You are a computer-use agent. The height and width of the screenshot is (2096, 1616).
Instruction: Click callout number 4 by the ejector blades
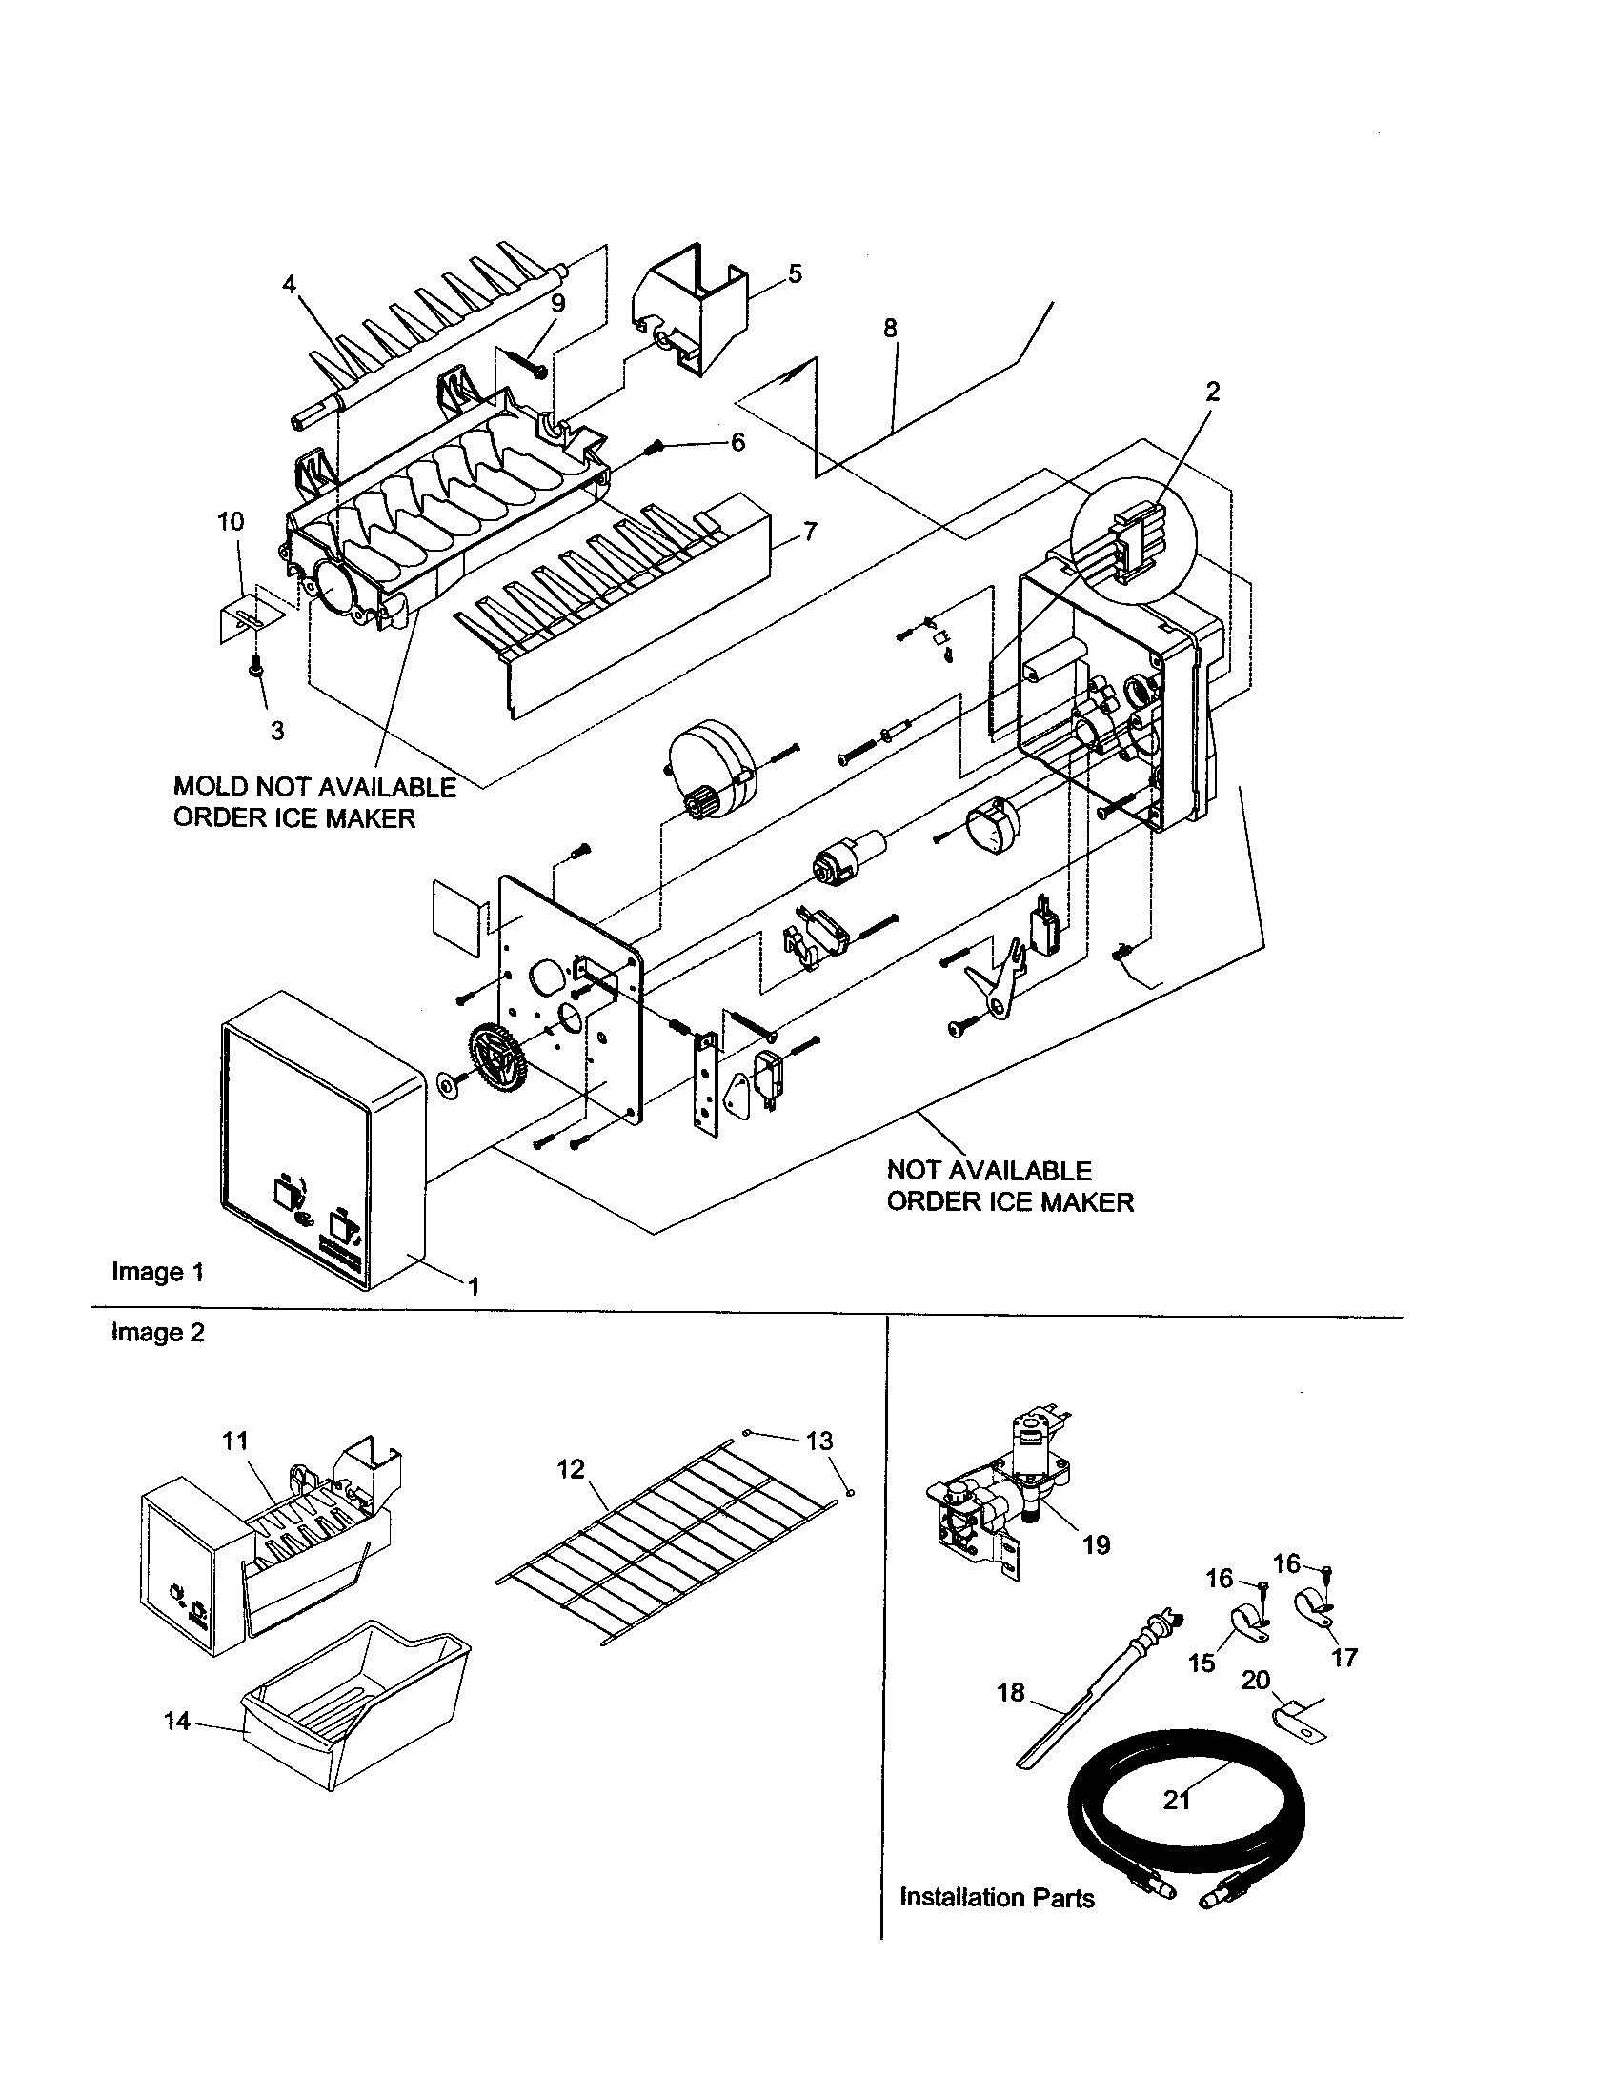[x=289, y=283]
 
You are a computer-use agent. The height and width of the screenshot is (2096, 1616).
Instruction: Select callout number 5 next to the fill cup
[x=795, y=273]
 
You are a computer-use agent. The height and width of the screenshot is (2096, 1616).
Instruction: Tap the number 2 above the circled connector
[x=1213, y=391]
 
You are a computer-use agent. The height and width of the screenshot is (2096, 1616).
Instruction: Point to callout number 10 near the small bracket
[x=231, y=522]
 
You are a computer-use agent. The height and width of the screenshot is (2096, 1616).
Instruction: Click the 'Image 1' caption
[x=157, y=1272]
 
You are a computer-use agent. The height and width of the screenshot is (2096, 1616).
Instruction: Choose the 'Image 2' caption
[x=157, y=1333]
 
